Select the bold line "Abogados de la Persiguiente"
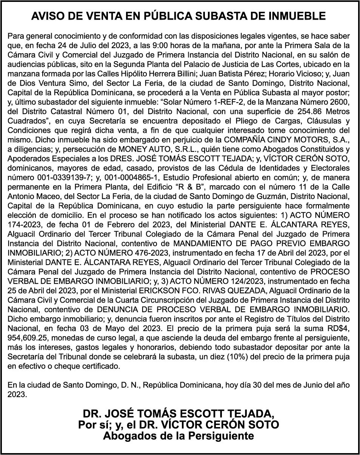[x=178, y=436]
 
